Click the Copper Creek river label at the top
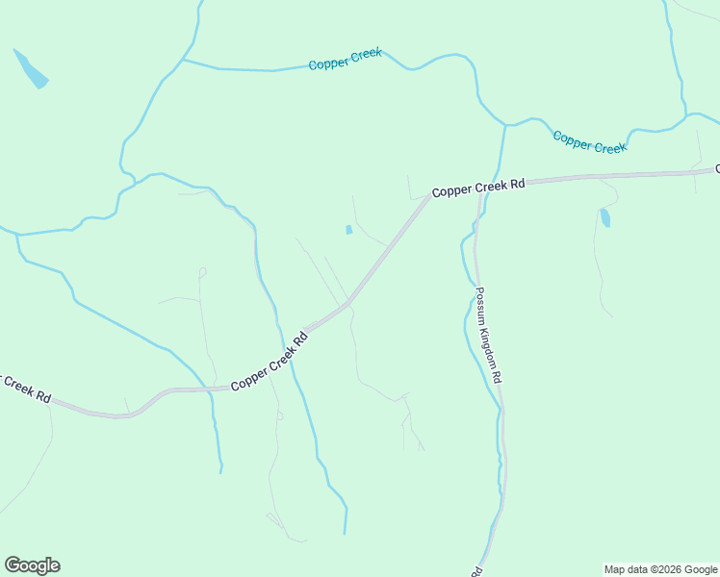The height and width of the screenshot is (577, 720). [346, 59]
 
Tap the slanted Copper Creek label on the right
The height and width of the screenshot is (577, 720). [589, 141]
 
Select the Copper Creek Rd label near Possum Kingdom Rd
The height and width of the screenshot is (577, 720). [477, 188]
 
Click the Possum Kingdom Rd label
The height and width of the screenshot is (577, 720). [488, 336]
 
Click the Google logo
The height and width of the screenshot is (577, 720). [32, 565]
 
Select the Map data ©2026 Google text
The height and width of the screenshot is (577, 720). [660, 569]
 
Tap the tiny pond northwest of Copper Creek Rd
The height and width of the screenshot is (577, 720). [348, 230]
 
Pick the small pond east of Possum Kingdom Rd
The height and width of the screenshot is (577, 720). [604, 217]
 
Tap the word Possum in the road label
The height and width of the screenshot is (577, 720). [480, 306]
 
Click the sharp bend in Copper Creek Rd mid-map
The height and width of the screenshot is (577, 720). [348, 304]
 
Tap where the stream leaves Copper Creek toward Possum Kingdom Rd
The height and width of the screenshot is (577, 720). [504, 125]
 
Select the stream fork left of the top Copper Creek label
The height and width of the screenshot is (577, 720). [182, 61]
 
